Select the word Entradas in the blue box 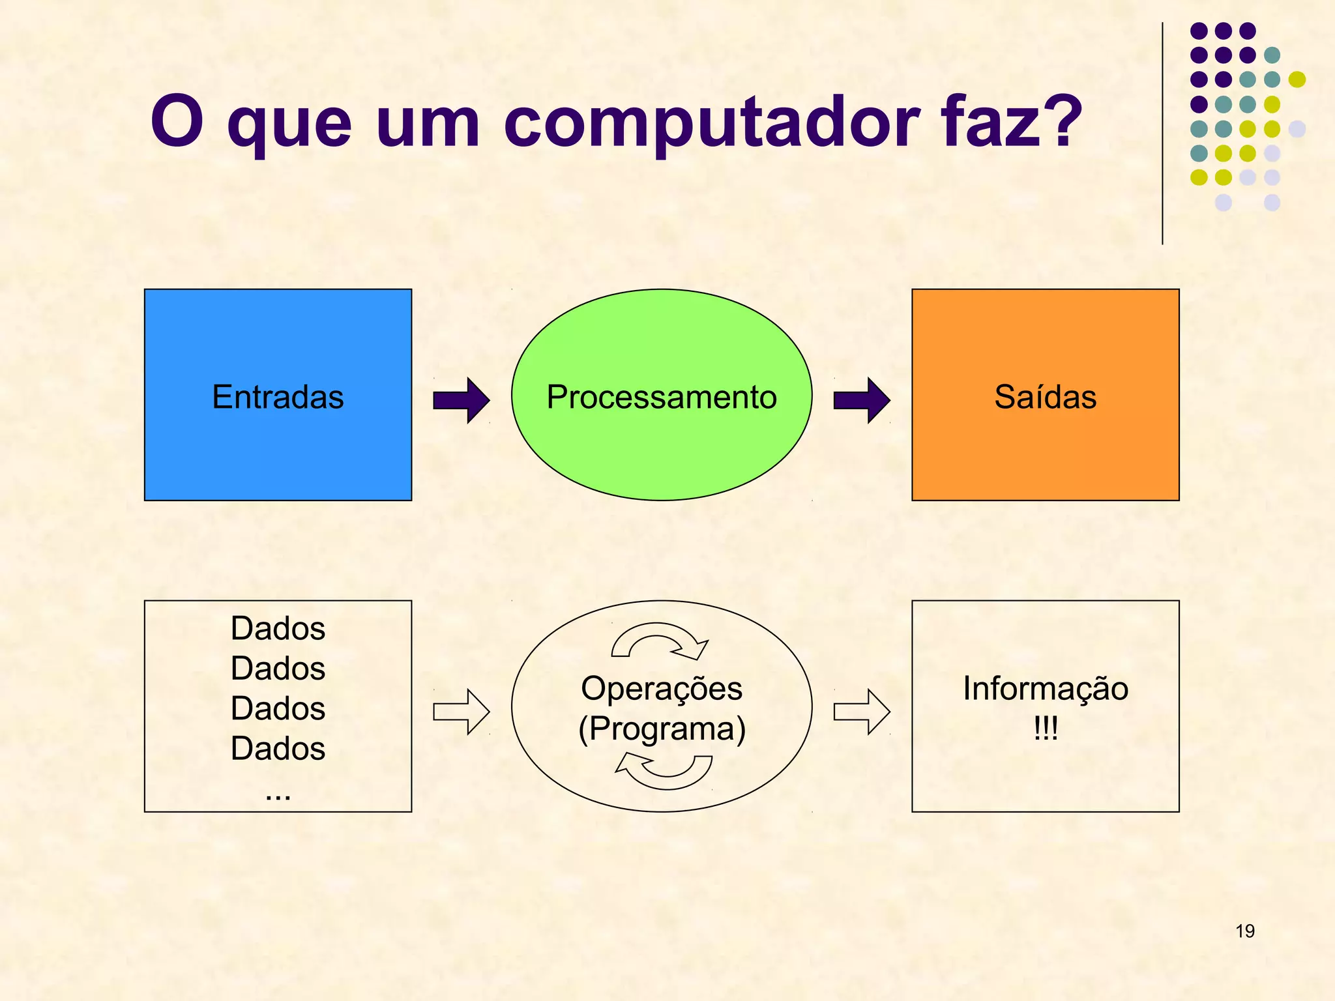278,397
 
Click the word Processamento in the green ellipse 662,397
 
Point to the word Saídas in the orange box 1045,397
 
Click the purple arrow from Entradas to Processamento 462,400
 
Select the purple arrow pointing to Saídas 862,400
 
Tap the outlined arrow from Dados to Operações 462,712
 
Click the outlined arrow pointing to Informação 862,712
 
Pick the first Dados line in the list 278,629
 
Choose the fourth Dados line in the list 278,748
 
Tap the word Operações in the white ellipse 662,689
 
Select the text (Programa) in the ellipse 662,729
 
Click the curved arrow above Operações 658,637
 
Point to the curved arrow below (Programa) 665,773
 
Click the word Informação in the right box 1045,689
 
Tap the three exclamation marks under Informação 1045,728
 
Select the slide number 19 1244,931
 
